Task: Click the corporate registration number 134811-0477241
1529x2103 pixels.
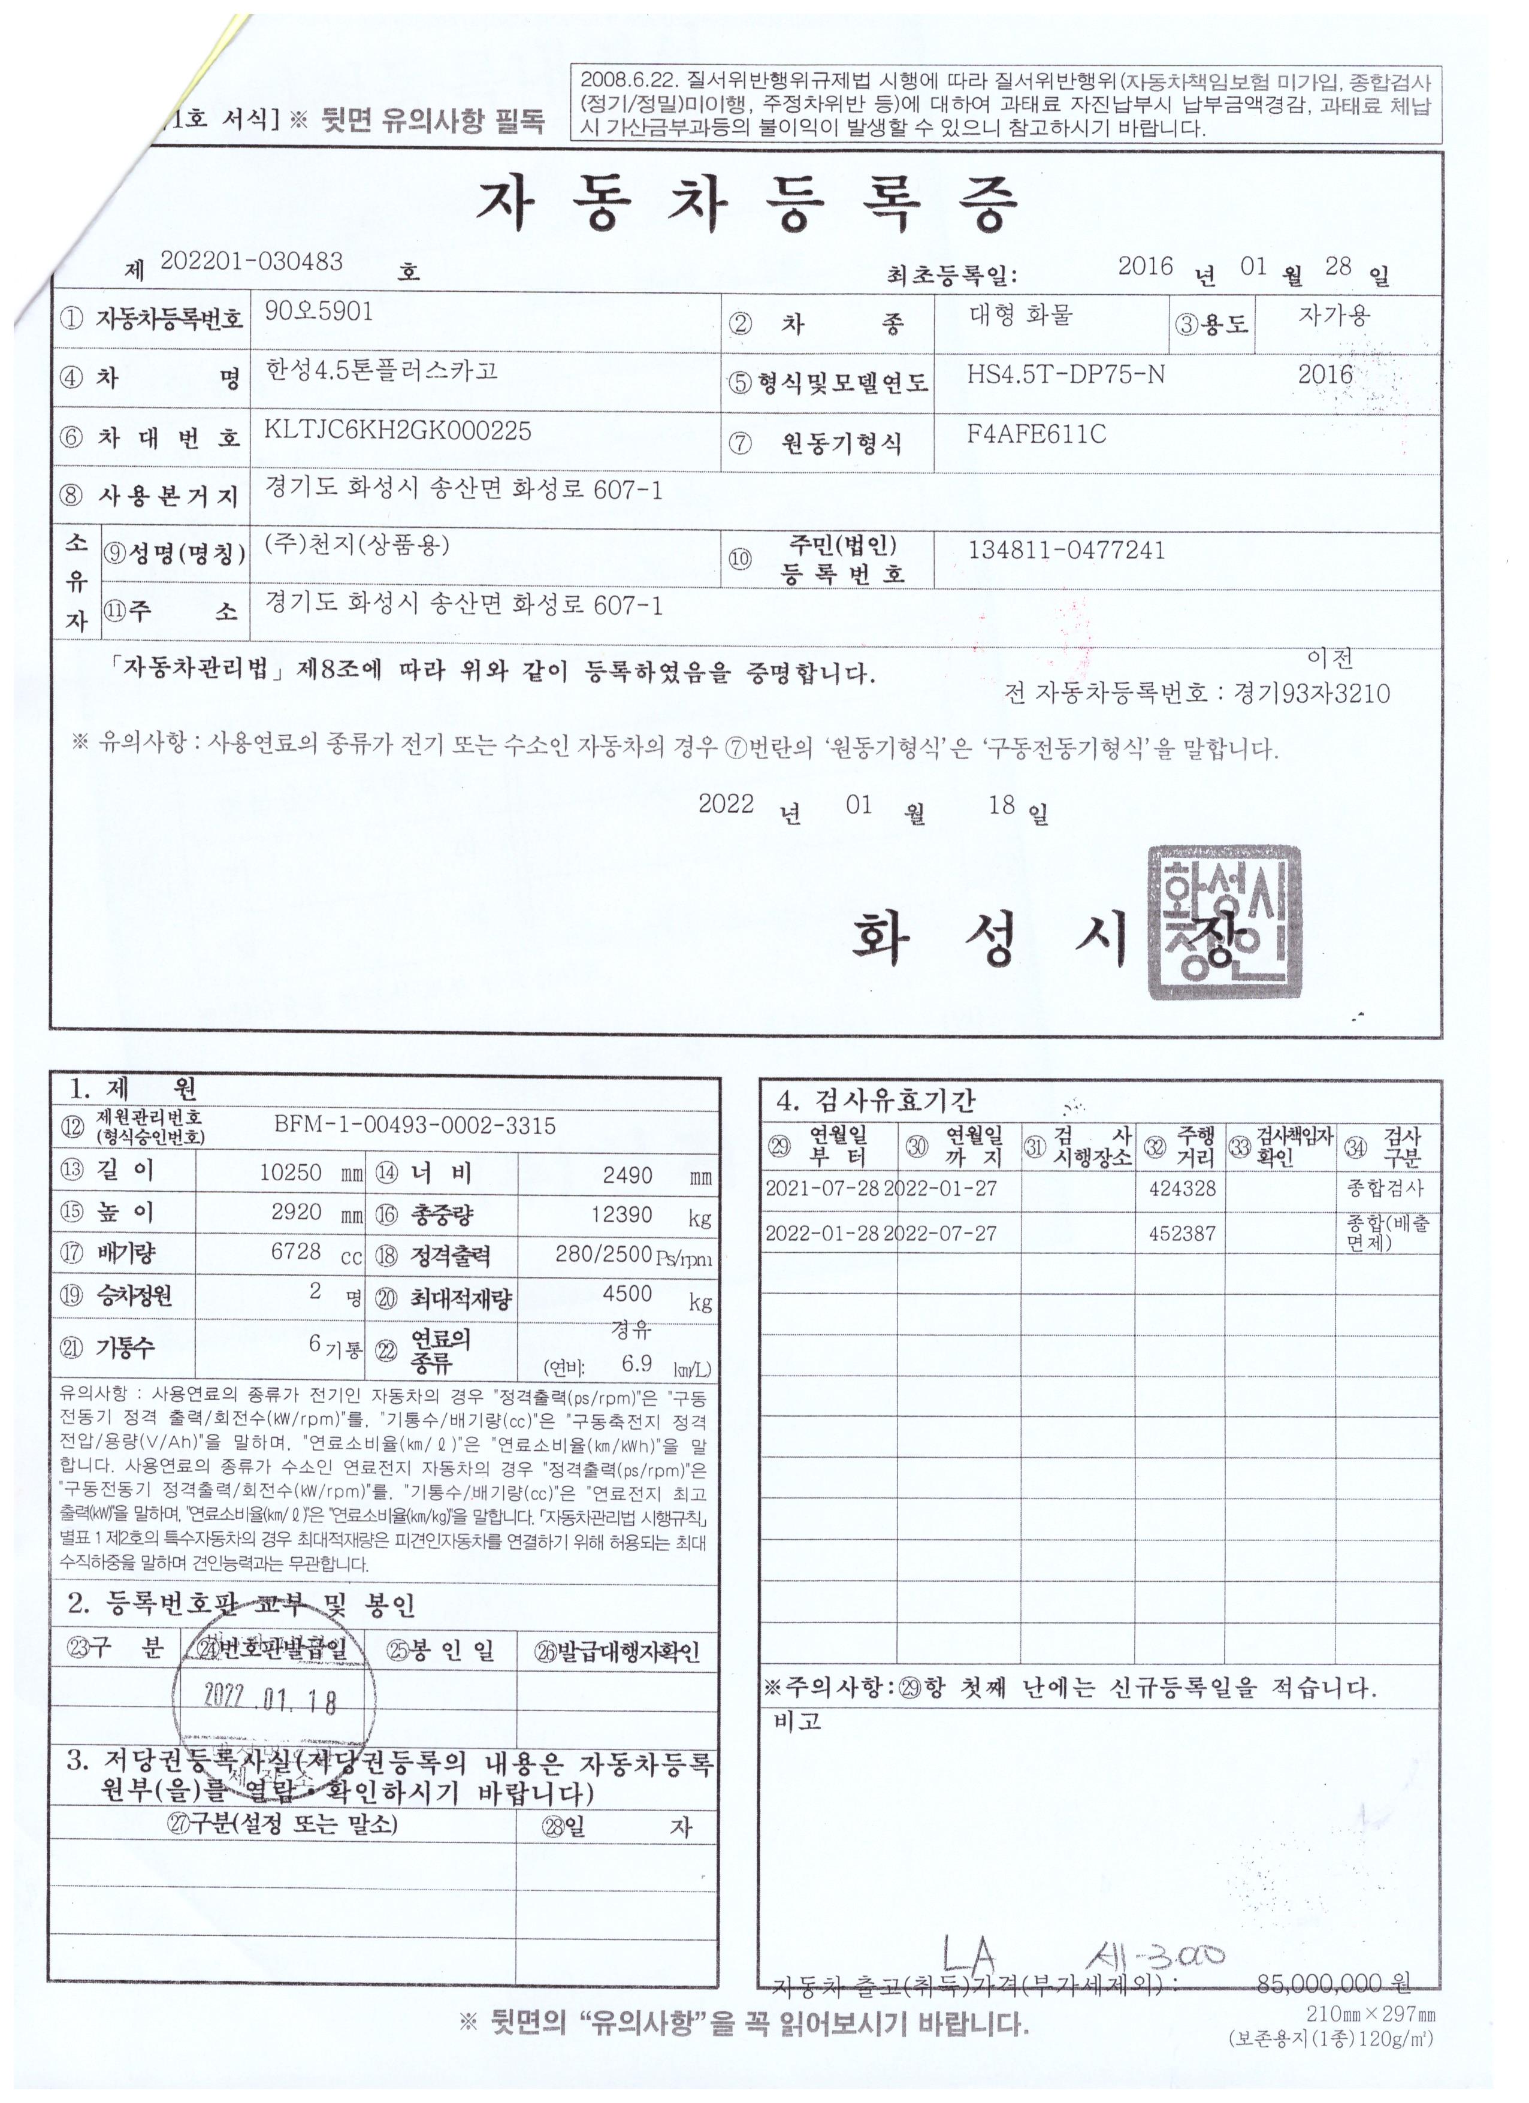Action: coord(1065,550)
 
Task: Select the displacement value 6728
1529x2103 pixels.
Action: coord(296,1252)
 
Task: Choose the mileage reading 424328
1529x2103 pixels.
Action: coord(1181,1189)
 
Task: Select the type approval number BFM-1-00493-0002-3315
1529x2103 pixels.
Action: coord(415,1126)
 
